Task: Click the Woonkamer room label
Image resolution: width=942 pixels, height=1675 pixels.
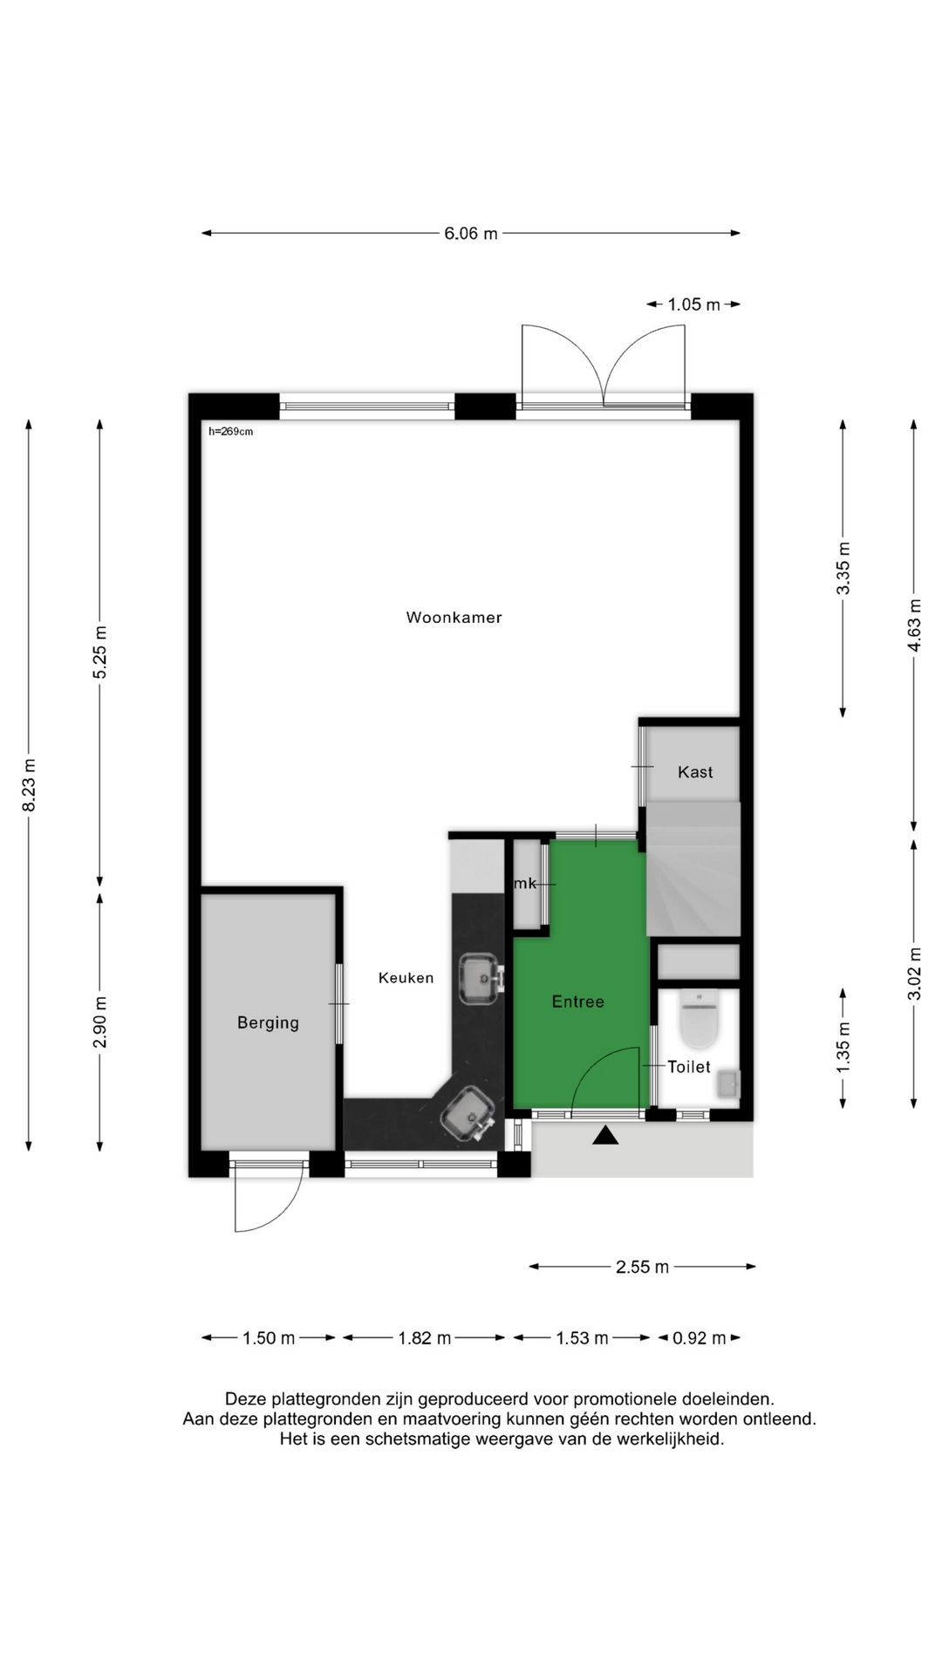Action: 454,618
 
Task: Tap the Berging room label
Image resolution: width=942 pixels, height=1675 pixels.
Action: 268,1022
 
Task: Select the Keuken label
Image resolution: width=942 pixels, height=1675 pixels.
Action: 406,978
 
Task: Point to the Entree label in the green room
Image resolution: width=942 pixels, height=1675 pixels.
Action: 577,1002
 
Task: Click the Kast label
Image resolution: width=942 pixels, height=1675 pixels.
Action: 695,772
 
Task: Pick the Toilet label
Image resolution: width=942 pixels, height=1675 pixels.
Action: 689,1066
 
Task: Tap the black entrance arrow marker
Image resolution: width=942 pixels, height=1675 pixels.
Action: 605,1135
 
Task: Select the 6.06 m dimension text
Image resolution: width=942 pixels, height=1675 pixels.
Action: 471,233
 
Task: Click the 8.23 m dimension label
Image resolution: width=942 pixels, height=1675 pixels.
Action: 30,785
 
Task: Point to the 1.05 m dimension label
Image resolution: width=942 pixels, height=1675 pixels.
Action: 694,304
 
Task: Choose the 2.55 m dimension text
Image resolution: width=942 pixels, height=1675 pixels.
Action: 643,1267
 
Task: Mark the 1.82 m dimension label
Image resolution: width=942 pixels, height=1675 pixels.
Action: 425,1338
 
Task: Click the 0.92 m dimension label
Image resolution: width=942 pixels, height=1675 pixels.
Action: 700,1338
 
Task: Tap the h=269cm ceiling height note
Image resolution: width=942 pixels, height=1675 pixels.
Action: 231,431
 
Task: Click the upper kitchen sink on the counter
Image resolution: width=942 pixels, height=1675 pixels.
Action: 479,978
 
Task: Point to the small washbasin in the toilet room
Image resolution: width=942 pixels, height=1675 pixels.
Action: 727,1085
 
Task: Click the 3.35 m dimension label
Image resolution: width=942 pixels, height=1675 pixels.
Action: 843,568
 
